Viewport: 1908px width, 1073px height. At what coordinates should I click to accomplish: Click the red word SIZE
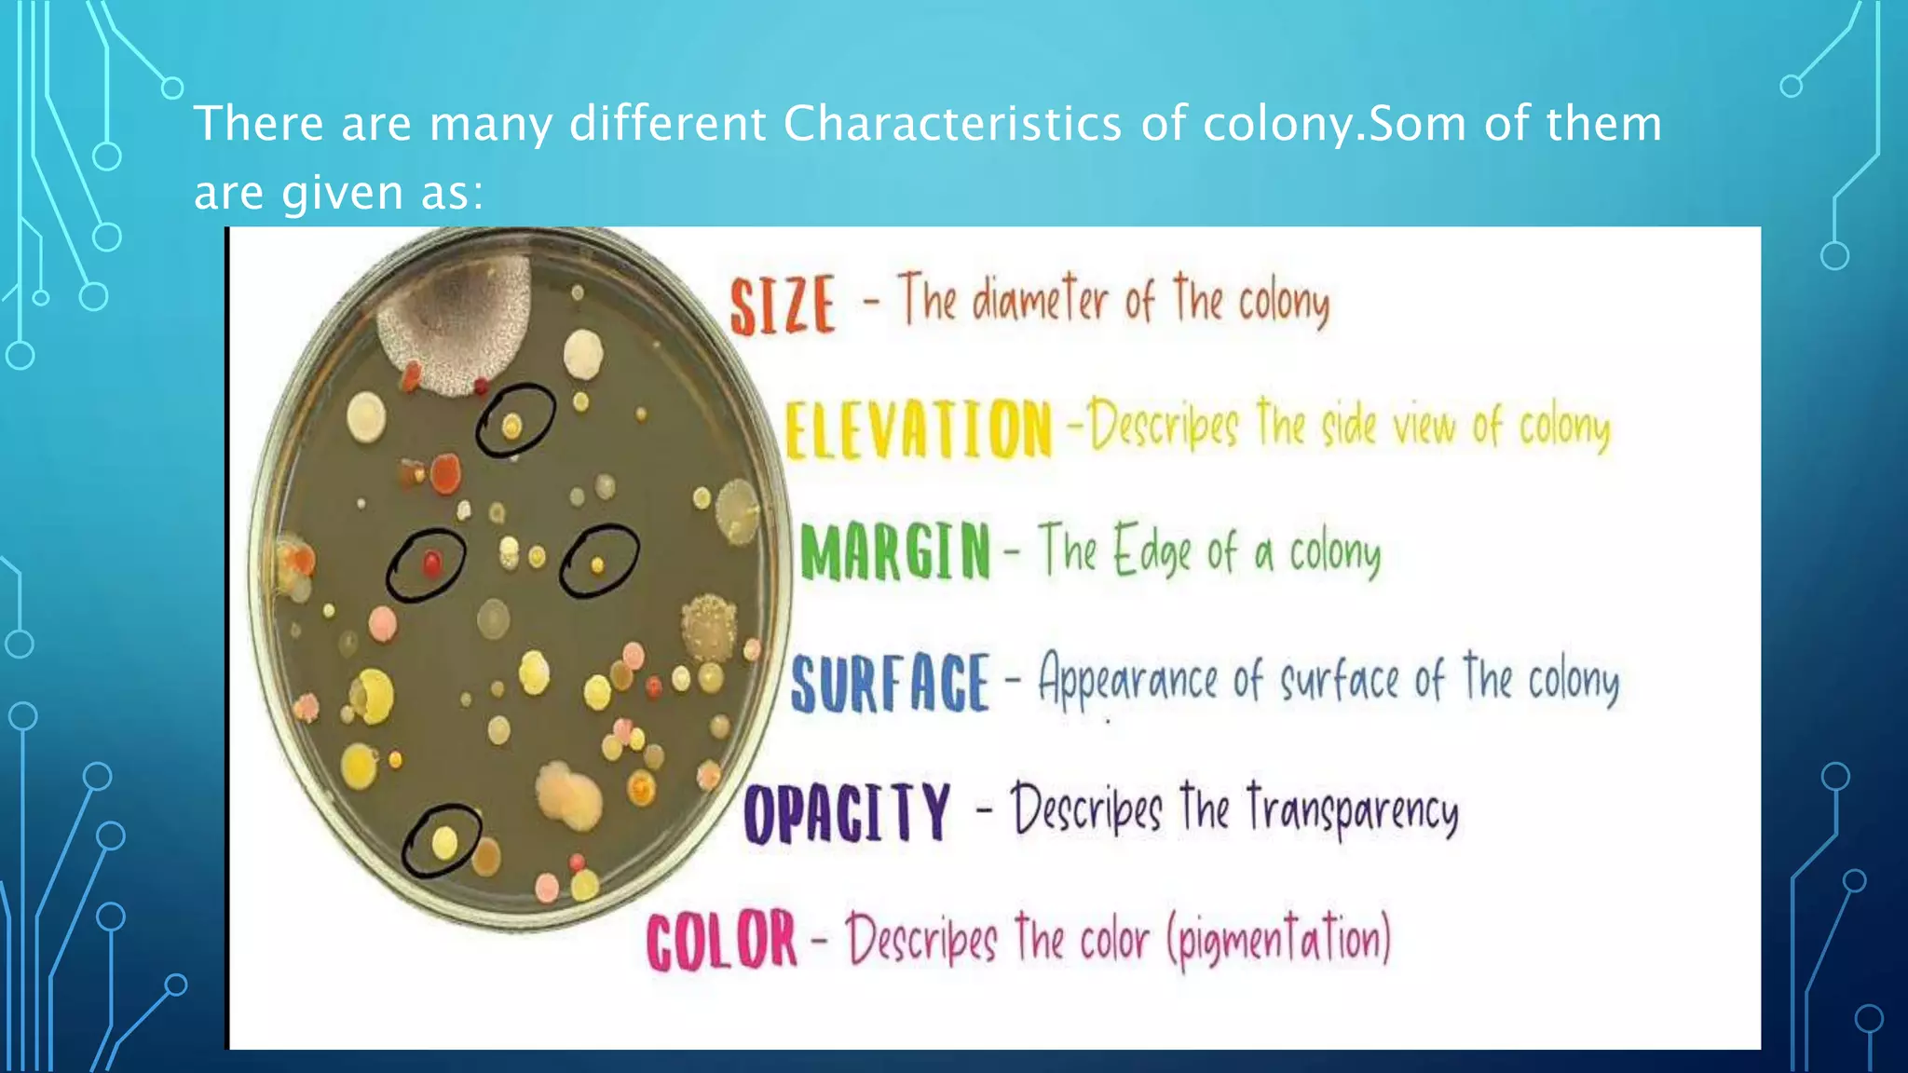[x=781, y=305]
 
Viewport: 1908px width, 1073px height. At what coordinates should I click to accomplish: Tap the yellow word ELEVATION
[x=918, y=429]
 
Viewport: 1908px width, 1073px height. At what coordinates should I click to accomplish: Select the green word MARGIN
[x=895, y=551]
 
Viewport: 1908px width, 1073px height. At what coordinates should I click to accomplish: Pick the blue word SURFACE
[x=890, y=682]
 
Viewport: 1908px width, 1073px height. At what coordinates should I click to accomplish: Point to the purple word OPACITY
[x=847, y=813]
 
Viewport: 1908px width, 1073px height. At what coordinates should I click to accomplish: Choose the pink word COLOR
[x=722, y=942]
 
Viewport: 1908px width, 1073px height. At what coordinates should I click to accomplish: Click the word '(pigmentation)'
[x=1279, y=939]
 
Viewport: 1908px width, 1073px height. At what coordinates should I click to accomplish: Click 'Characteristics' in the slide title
[x=952, y=124]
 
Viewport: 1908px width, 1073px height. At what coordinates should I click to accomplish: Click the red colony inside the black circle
[x=431, y=564]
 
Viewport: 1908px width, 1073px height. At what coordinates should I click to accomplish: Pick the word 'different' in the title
[x=667, y=124]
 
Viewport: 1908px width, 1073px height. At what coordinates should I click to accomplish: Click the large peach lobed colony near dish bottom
[x=570, y=793]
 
